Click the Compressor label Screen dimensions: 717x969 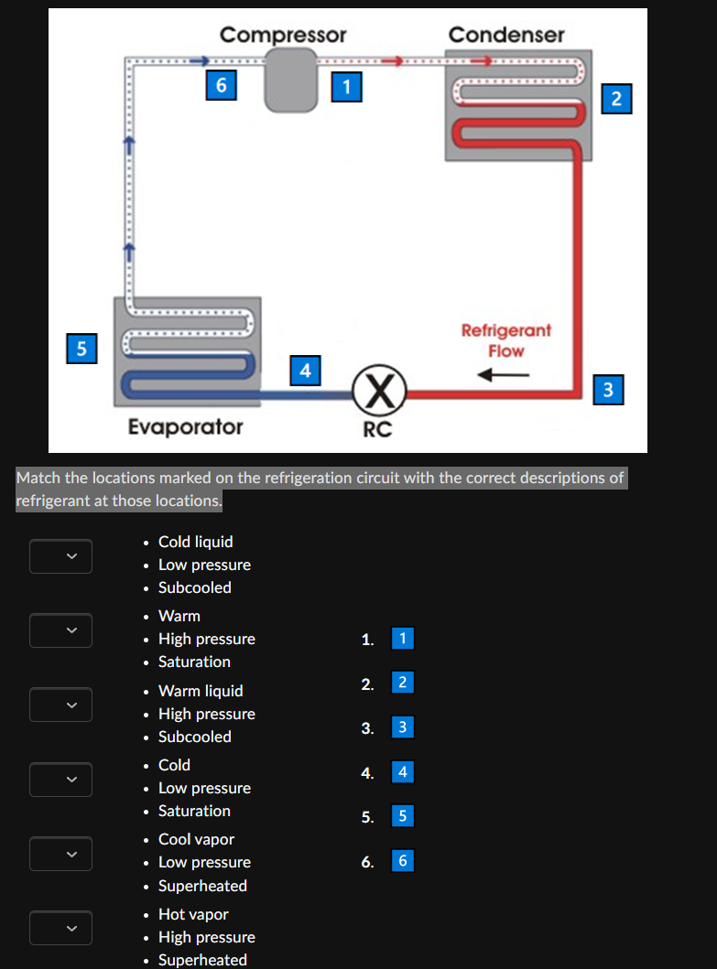(283, 35)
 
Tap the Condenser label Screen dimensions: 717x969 (506, 35)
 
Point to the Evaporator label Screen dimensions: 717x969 (186, 426)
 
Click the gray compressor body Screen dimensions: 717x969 (288, 80)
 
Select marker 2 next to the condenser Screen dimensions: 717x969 (616, 98)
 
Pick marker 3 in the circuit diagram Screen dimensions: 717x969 (609, 390)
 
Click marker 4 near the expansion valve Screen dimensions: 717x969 (305, 371)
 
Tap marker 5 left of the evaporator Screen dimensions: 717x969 (81, 347)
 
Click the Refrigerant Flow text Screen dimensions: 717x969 (505, 339)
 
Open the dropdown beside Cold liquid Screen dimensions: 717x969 (60, 555)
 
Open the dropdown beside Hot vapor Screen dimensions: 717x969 (60, 927)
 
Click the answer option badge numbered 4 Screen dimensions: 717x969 (402, 772)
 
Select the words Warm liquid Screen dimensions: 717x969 (201, 691)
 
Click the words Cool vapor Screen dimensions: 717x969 (196, 839)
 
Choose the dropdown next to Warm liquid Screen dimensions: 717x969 (60, 705)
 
